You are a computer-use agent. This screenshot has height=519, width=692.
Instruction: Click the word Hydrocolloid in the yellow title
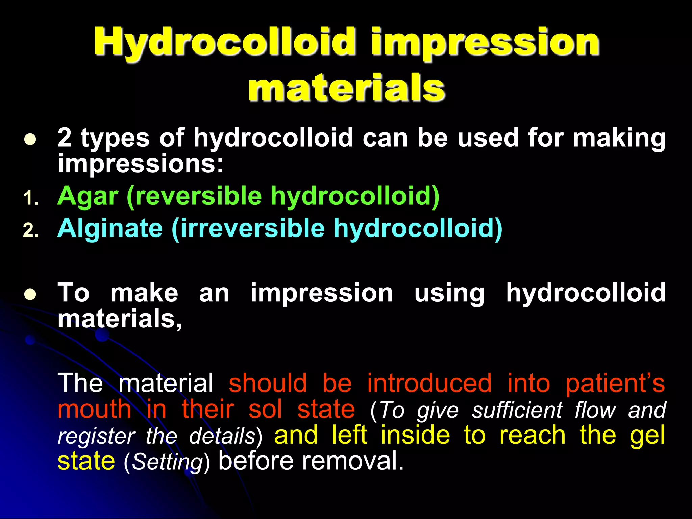(225, 42)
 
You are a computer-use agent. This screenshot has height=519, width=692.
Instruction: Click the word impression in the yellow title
(485, 42)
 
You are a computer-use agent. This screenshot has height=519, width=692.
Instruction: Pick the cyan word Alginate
(110, 229)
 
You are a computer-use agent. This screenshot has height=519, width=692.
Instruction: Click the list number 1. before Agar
(31, 199)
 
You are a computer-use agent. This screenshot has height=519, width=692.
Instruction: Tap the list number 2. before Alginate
(31, 231)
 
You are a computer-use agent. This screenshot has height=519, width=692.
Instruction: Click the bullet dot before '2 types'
(30, 140)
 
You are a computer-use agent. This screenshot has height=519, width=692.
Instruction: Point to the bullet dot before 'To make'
(30, 294)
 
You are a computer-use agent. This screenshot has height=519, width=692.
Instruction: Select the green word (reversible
(194, 197)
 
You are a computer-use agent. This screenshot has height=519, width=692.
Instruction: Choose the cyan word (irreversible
(248, 229)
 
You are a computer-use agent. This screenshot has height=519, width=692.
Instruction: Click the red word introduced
(429, 384)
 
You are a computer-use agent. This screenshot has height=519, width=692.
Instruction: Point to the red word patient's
(615, 384)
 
